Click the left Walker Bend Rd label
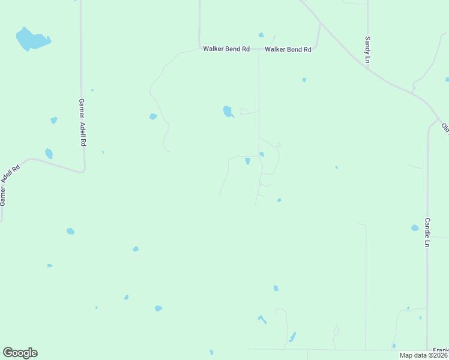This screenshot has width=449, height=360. point(226,49)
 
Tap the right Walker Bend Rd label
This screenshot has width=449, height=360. point(288,49)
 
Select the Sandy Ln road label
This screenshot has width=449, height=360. point(367,49)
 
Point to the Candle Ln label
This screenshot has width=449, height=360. point(427,232)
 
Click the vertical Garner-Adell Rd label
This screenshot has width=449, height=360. point(83,124)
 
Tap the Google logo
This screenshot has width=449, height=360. point(20,353)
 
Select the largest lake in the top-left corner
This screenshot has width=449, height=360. point(31,40)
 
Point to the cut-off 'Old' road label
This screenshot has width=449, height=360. point(445,127)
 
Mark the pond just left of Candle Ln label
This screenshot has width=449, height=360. point(415,228)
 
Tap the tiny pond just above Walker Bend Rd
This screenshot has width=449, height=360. point(261,35)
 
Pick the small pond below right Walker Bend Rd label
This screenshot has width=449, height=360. point(304,80)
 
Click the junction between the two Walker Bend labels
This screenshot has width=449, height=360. point(259,49)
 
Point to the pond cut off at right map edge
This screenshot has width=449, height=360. point(447,79)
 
